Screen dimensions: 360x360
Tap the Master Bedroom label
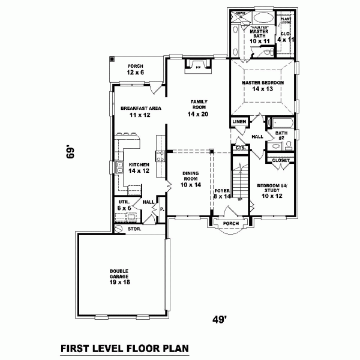click(x=262, y=85)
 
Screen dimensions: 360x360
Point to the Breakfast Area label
click(x=136, y=111)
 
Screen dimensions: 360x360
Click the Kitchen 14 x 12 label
click(x=138, y=167)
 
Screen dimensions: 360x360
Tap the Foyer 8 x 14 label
click(x=223, y=193)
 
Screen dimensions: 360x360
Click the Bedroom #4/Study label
click(x=272, y=190)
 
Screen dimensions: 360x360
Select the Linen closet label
click(x=238, y=122)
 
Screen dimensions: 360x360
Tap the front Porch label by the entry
click(x=230, y=224)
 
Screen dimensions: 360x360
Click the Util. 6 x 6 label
click(x=124, y=205)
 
